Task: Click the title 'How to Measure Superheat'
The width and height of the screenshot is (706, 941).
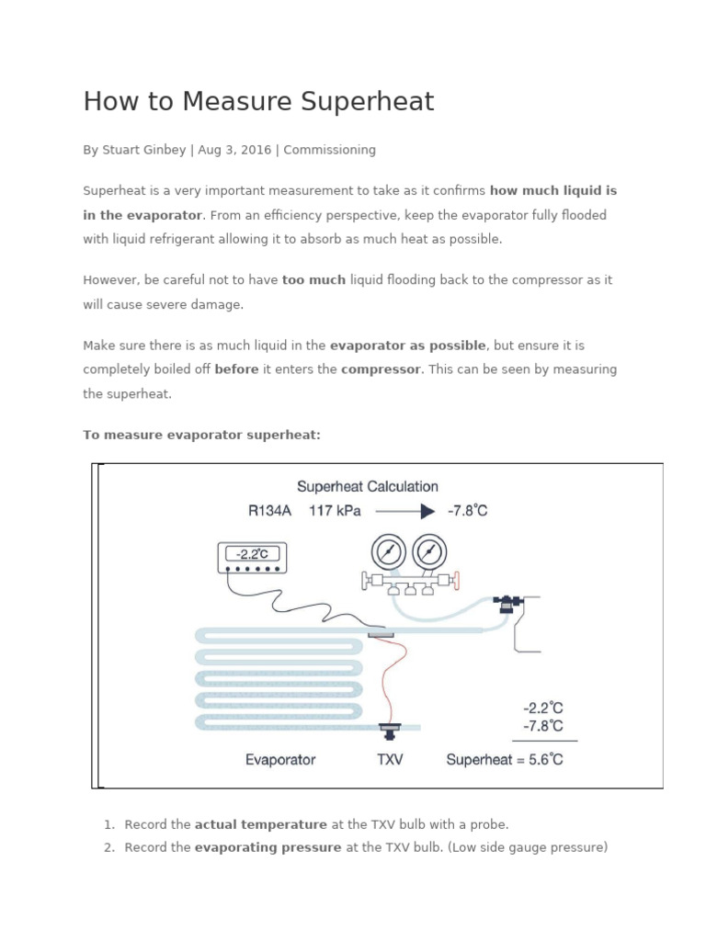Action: pos(258,102)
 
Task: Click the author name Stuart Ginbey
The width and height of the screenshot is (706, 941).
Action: pos(142,150)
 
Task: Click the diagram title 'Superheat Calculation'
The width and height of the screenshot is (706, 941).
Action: pos(367,486)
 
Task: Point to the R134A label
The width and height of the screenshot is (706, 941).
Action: pos(269,511)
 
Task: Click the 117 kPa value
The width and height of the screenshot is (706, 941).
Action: pos(335,511)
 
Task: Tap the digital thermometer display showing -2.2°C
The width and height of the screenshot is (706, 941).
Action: pos(251,554)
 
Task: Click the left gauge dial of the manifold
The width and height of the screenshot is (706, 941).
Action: pos(388,552)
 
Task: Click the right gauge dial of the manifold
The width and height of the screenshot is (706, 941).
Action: pos(428,552)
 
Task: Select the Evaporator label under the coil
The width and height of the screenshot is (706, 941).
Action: pos(280,759)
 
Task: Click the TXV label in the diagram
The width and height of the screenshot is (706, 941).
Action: pos(390,759)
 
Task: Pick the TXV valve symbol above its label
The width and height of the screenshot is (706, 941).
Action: pos(390,731)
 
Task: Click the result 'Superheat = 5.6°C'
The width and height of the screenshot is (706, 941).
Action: pos(505,759)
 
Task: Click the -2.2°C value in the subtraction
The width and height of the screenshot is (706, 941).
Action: pos(542,708)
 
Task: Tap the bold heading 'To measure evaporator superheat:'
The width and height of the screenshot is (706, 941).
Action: pos(201,435)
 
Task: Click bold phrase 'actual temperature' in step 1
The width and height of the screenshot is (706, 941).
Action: pos(260,824)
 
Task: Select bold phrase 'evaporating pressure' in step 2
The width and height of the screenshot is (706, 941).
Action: pos(268,847)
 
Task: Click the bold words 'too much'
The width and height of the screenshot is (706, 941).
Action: pos(313,280)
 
